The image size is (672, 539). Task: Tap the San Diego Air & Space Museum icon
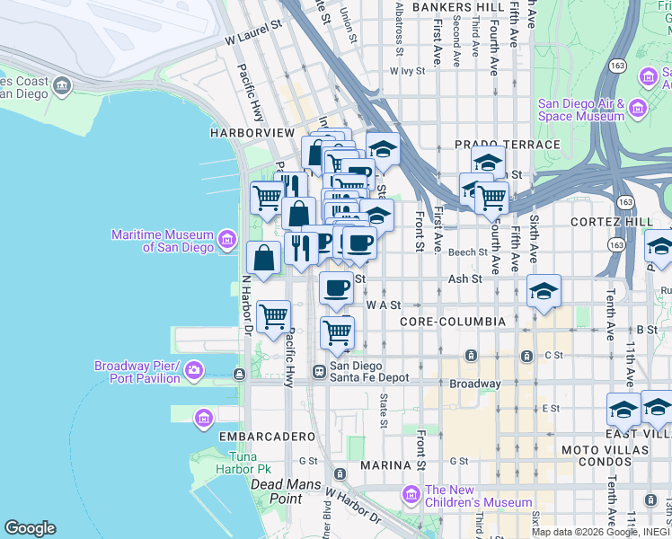639,110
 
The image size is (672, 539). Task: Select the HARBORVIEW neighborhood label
252,133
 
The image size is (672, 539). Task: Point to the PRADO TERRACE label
508,145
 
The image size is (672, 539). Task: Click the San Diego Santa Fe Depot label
369,372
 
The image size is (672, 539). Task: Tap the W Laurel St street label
253,40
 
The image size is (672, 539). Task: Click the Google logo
30,528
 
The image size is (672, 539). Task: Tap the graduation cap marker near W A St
544,293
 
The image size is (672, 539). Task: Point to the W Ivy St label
407,71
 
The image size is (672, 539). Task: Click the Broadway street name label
475,384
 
